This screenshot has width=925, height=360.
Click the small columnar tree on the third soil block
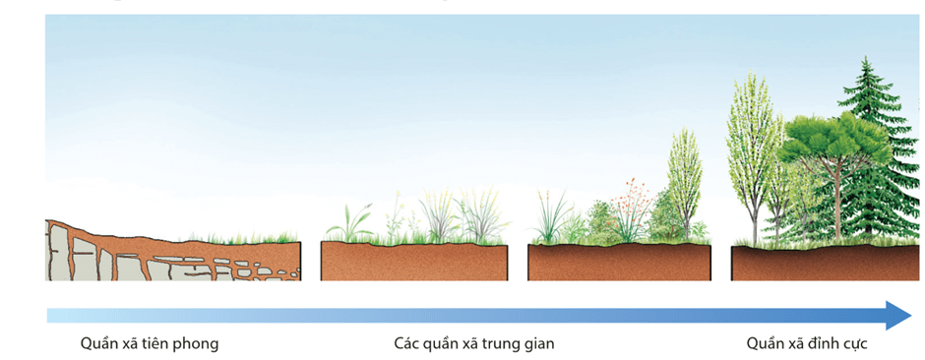coord(684,182)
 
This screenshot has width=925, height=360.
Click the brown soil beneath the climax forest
coord(817,264)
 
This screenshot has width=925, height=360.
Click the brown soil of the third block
coord(620,263)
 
